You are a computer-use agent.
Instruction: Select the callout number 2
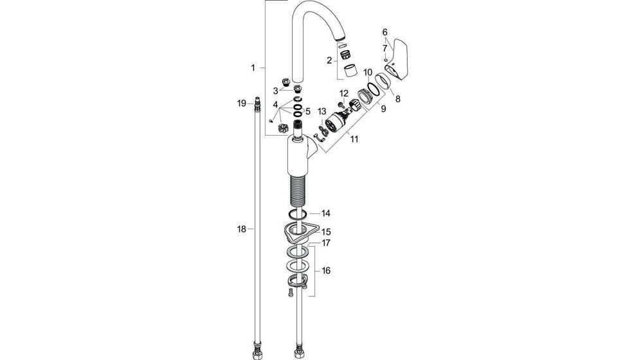click(329, 60)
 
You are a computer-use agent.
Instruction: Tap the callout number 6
click(385, 32)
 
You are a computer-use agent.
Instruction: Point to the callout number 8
click(397, 99)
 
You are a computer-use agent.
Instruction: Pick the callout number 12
click(344, 94)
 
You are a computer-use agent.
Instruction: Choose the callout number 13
click(321, 112)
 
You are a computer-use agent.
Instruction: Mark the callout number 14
click(326, 213)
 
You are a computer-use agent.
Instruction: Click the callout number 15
click(326, 231)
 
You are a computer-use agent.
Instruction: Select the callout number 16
click(326, 271)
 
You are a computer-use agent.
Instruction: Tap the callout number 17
click(326, 243)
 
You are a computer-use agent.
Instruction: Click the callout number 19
click(240, 103)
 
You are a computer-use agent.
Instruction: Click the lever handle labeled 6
click(397, 59)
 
